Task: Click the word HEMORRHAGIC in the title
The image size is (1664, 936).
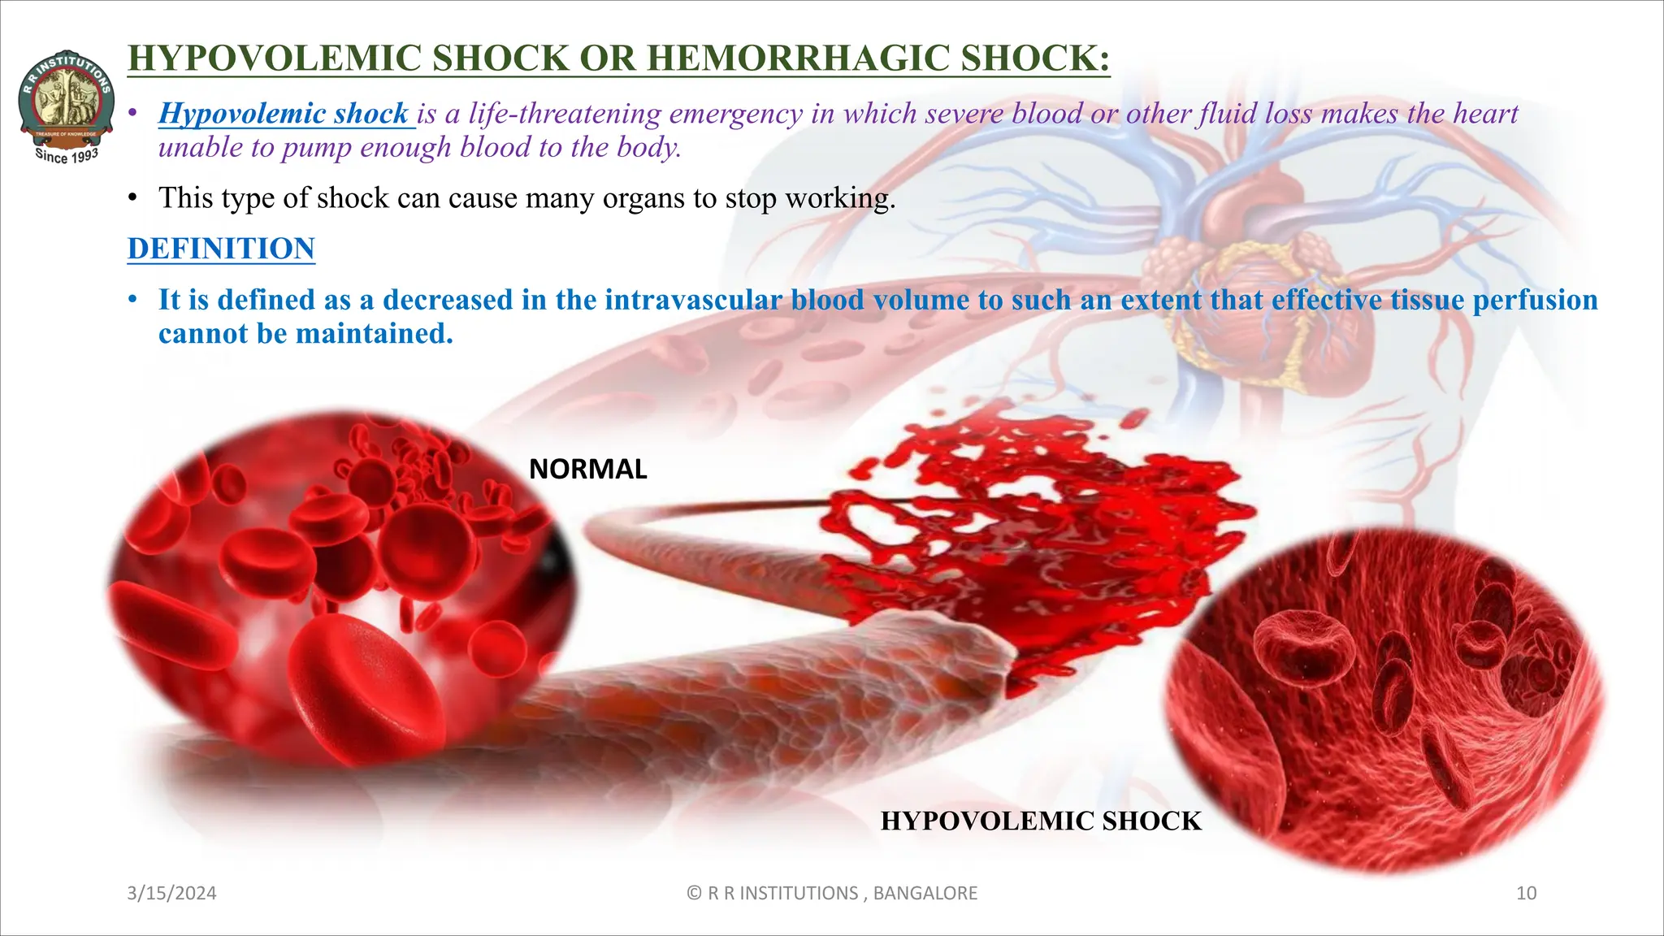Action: tap(792, 58)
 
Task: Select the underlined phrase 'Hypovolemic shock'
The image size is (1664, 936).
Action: tap(284, 114)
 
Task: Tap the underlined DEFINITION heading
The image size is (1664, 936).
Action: tap(221, 249)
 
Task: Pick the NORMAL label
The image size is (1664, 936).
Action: tap(587, 470)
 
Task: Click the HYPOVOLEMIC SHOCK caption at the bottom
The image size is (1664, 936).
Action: tap(1040, 821)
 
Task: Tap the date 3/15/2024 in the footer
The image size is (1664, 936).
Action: tap(171, 893)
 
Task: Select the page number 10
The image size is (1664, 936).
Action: tap(1526, 893)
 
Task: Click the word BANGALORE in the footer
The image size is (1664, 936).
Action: tap(925, 893)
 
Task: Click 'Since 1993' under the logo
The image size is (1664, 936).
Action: tap(67, 154)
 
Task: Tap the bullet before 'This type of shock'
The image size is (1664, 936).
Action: tap(132, 198)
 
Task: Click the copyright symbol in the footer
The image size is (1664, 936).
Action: tap(694, 893)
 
